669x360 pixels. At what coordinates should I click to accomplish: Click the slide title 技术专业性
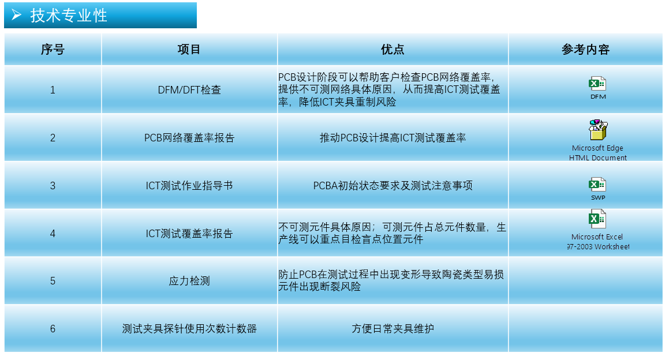tap(69, 16)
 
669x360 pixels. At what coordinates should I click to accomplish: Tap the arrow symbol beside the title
tap(16, 16)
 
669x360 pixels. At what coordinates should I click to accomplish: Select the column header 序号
tap(53, 50)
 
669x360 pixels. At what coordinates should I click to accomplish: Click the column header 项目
tap(189, 50)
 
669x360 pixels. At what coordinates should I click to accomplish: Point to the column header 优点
tap(393, 50)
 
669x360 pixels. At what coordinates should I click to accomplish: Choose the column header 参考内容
tap(585, 50)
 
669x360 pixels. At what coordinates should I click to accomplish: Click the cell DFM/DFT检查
tap(189, 89)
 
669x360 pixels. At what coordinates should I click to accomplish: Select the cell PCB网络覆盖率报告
tap(189, 138)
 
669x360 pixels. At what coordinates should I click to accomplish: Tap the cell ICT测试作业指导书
tap(189, 186)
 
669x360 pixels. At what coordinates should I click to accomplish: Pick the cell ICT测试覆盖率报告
tap(189, 233)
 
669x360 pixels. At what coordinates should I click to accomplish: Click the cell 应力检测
tap(189, 281)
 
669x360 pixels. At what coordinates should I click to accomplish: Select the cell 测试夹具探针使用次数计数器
tap(189, 329)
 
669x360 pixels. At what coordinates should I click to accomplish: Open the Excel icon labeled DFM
tap(597, 84)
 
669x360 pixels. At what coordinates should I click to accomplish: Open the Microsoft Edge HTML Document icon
tap(598, 130)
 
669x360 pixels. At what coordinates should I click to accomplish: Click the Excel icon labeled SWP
tap(597, 184)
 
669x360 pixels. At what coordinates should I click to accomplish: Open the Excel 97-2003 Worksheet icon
tap(597, 219)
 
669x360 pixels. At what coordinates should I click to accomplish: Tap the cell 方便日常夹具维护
tap(393, 329)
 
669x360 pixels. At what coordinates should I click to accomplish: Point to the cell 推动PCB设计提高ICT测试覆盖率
tap(393, 138)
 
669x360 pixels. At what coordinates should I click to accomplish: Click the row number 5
tap(53, 281)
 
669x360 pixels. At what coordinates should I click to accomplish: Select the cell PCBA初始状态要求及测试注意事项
tap(393, 186)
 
